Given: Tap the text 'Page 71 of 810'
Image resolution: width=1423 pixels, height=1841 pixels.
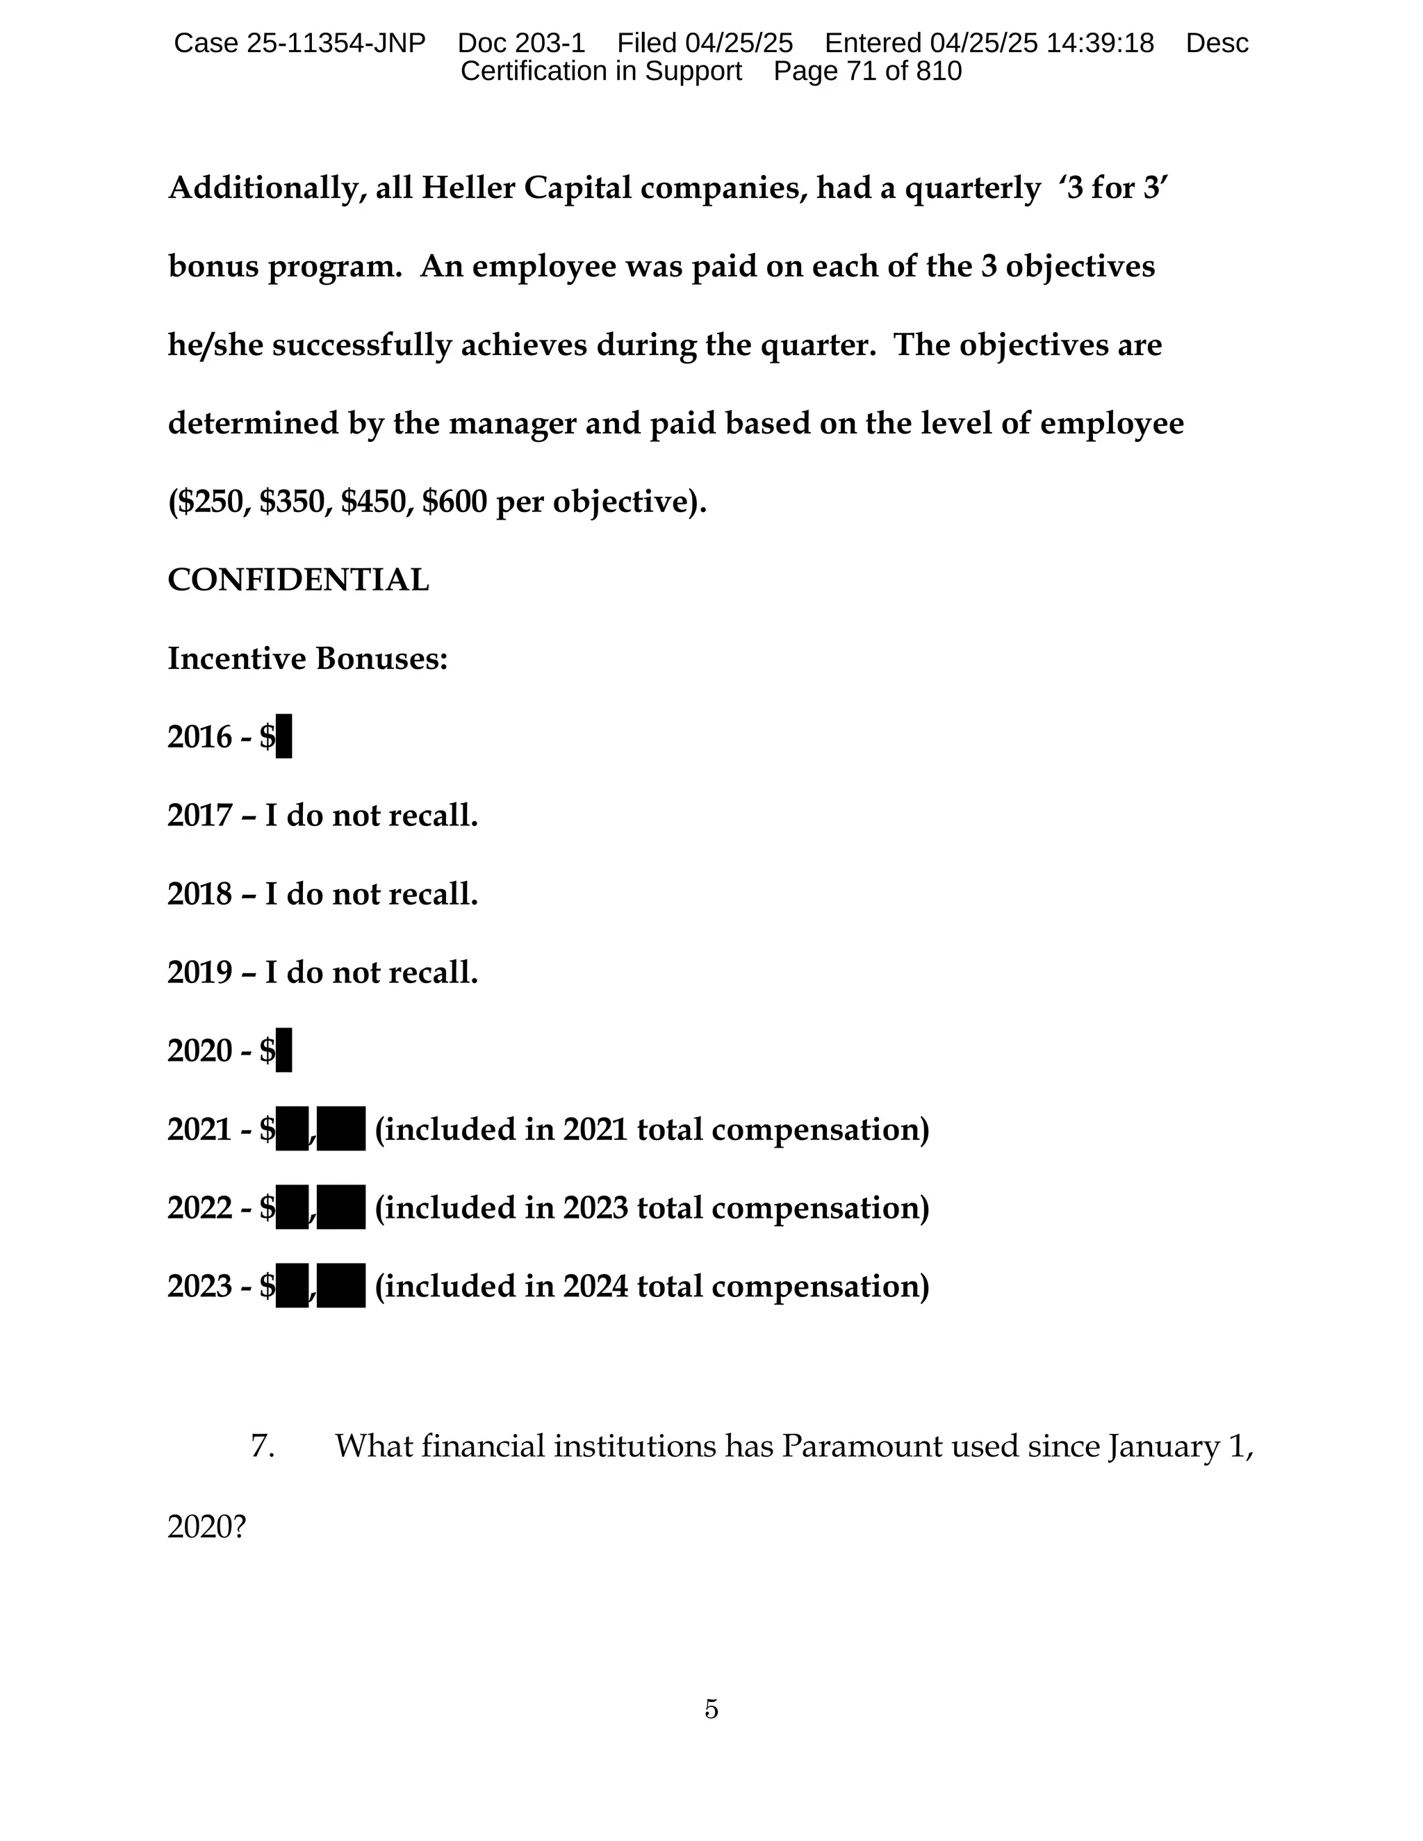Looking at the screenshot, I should pos(866,72).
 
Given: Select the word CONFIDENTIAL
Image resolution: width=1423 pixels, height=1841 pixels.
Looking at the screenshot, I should pos(298,580).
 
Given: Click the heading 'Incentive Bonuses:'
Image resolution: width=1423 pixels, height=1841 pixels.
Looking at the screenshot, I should pos(308,659).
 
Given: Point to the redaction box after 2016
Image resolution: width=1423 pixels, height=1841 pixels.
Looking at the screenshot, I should pos(284,736).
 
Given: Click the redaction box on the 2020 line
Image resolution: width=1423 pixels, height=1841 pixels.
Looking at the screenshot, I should pos(284,1050).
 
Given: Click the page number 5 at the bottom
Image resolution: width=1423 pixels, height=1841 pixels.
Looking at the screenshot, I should pos(711,1709).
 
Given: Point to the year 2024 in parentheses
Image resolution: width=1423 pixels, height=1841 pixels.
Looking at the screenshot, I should pos(595,1287).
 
